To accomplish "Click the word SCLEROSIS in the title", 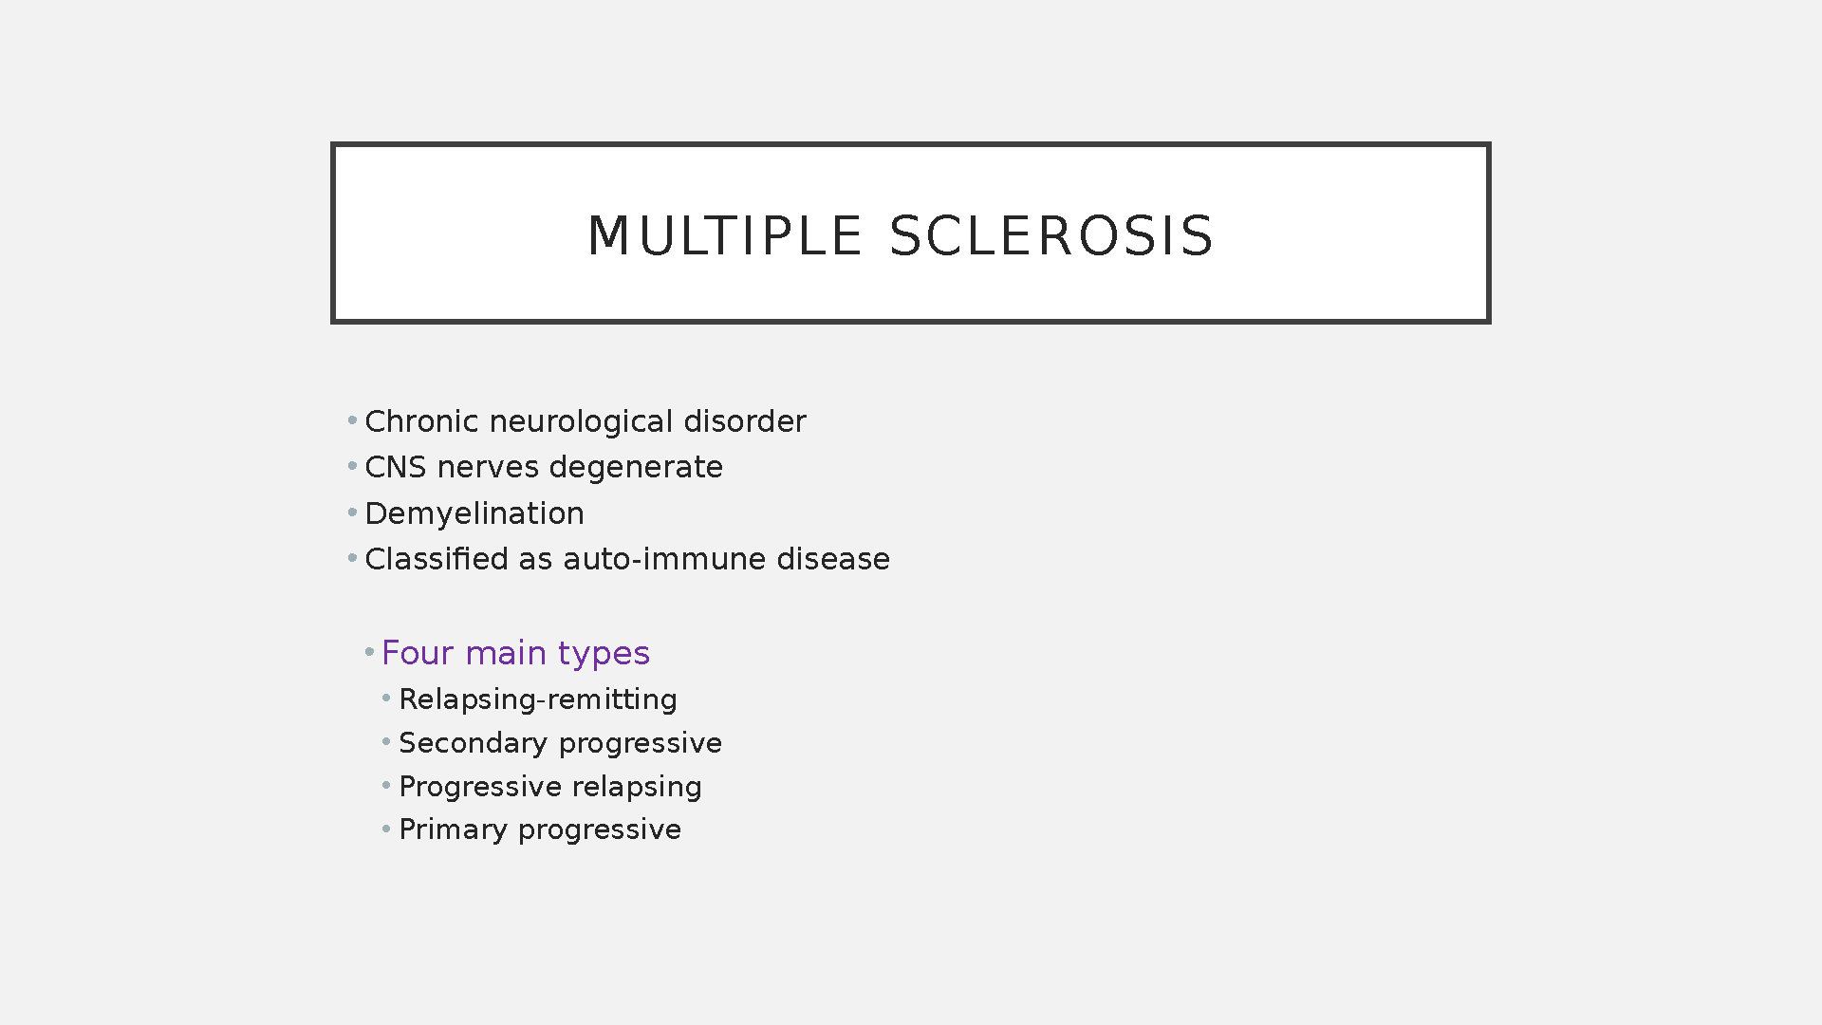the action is (1050, 236).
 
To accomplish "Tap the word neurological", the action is (581, 422).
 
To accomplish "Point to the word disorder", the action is (745, 420).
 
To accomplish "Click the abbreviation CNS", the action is (396, 467).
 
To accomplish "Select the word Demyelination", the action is (474, 514).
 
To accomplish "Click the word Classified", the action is (437, 558).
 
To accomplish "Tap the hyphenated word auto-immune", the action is (664, 559).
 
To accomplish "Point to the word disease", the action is (833, 558).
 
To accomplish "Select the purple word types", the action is (604, 655).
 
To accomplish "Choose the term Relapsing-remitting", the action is (538, 700).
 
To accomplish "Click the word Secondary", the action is (473, 744).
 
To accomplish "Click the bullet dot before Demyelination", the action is (352, 512).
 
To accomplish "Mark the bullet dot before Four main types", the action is (369, 652).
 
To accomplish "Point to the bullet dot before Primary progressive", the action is (386, 829).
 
